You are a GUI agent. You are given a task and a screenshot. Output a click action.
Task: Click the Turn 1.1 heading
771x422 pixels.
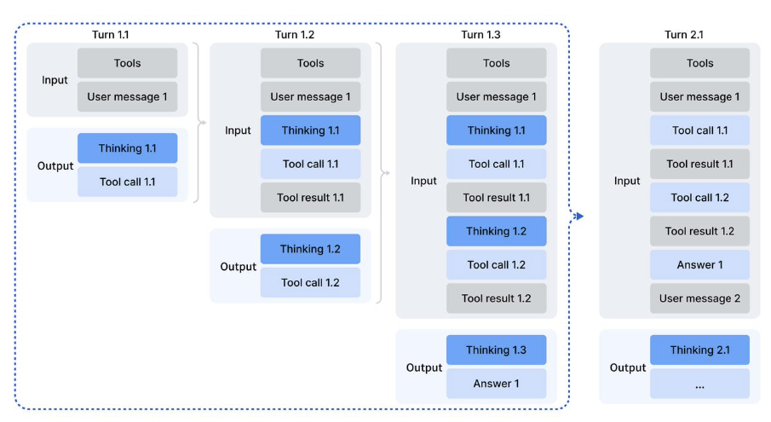pos(111,35)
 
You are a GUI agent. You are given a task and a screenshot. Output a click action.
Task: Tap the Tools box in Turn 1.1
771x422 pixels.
pos(128,63)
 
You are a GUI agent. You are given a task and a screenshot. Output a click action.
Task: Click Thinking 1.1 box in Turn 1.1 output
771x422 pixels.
pos(128,148)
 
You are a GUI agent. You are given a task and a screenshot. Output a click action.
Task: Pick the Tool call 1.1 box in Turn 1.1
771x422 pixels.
pos(128,182)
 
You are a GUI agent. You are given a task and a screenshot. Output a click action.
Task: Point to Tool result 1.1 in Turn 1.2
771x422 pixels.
pos(311,198)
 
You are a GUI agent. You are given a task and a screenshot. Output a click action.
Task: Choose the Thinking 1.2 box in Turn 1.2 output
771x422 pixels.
pos(311,249)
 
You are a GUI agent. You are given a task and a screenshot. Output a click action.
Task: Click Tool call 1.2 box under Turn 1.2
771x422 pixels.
pos(311,282)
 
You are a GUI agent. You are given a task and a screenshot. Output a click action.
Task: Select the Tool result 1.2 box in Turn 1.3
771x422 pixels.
pos(497,298)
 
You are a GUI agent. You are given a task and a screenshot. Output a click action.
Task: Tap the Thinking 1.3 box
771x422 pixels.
pos(497,350)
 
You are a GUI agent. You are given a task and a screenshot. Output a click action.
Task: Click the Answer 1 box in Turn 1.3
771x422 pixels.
pos(497,384)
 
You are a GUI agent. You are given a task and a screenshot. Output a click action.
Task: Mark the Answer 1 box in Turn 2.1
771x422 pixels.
pos(699,264)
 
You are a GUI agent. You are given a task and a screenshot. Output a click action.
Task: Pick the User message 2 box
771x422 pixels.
pos(699,298)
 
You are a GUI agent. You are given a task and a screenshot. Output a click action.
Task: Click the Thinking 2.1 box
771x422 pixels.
pos(699,350)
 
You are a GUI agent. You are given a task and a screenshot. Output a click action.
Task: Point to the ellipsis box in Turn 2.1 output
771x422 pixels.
pos(699,384)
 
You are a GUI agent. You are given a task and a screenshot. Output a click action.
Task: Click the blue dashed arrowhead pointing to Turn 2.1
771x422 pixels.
pos(579,216)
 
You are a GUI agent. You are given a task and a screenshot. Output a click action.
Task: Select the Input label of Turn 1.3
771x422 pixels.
pos(423,181)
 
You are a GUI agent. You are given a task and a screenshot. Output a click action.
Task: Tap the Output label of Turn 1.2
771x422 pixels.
pos(239,267)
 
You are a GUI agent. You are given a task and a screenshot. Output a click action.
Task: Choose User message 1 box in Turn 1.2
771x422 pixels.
pos(311,96)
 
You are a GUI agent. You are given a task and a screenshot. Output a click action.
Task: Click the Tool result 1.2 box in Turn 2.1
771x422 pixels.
pos(699,231)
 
